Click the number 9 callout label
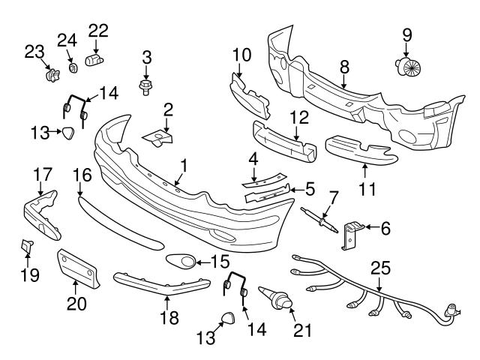coord(407,34)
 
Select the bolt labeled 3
coord(145,86)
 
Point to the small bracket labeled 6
coord(349,232)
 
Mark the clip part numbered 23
coord(51,74)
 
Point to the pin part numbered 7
coord(321,219)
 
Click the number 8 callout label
coord(345,67)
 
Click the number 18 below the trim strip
coord(169,317)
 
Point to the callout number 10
coord(241,54)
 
